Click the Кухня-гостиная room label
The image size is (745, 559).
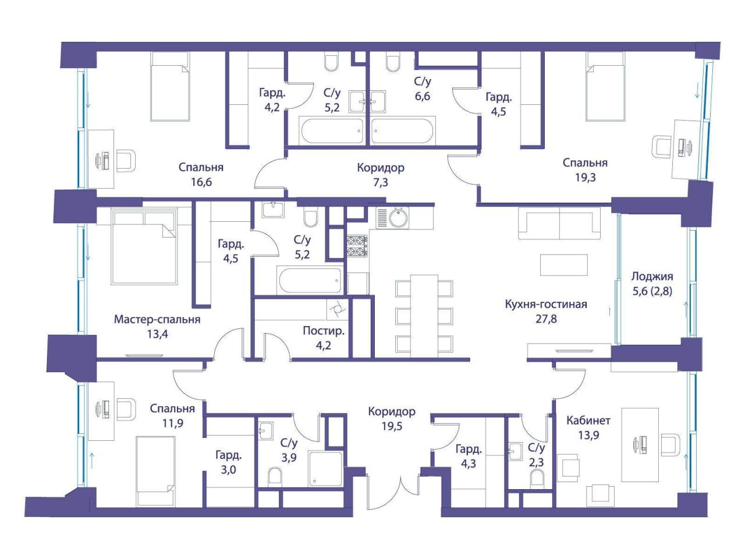pos(546,304)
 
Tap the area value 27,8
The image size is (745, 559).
pos(546,319)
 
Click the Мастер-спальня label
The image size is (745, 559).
pos(157,319)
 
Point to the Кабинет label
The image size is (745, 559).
pos(588,420)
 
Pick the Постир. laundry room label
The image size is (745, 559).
pos(324,331)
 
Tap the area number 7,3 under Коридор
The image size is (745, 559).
pos(381,183)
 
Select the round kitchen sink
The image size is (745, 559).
pos(399,217)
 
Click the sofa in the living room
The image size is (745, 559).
pos(559,224)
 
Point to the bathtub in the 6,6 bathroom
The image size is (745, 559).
pos(403,131)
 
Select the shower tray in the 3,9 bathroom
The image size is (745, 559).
pos(325,469)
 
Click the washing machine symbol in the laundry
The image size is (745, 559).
pos(338,309)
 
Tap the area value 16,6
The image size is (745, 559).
pos(201,182)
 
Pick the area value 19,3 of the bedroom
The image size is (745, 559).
pos(586,178)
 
